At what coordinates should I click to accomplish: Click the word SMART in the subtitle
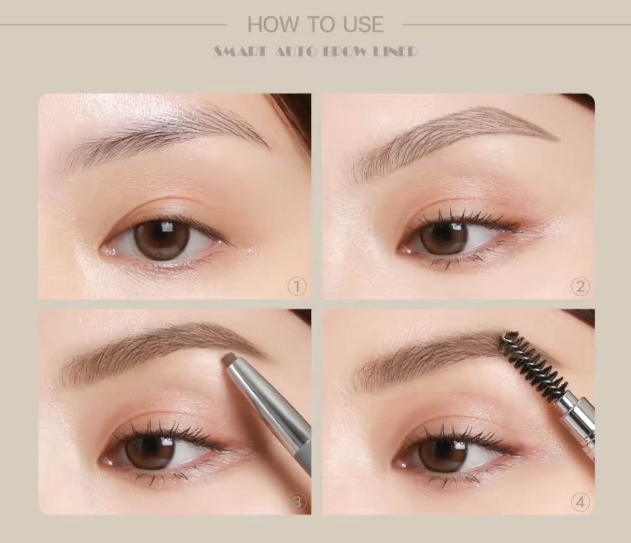point(240,52)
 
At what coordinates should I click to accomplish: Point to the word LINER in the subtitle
point(395,52)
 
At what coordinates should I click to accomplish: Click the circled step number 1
point(297,287)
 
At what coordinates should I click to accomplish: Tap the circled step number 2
point(581,287)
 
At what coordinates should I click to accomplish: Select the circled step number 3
point(297,502)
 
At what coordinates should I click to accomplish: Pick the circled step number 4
point(581,502)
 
